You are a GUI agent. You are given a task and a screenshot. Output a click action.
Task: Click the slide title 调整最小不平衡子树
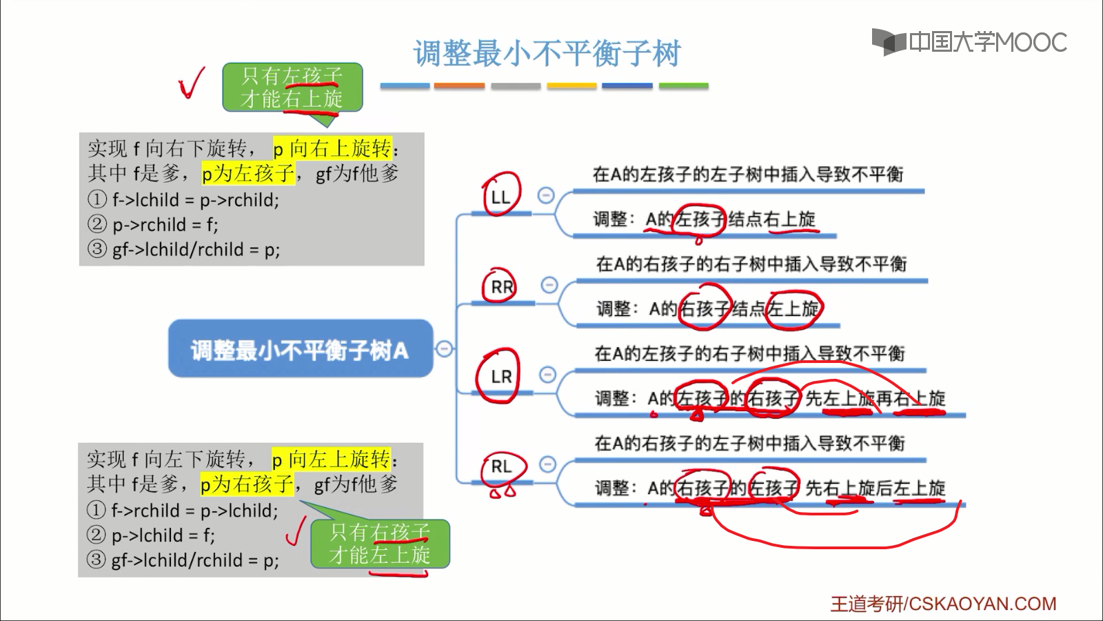pos(547,54)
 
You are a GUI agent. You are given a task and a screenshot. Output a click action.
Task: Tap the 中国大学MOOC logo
pos(969,42)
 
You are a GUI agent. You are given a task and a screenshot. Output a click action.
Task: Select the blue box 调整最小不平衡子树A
pos(300,350)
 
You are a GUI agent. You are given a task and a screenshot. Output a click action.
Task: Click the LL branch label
pos(500,197)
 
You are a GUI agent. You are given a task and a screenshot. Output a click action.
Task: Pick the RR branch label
pos(501,287)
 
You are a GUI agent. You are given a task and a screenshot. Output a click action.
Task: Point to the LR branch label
pos(501,377)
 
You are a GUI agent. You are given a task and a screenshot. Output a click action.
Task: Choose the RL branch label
pos(501,466)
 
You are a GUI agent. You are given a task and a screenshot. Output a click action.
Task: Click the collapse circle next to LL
pos(546,195)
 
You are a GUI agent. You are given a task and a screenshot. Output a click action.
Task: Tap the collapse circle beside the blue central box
pos(445,349)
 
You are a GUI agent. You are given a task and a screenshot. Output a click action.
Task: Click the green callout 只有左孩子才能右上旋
pos(292,87)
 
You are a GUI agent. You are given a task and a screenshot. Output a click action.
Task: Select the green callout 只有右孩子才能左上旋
pos(380,544)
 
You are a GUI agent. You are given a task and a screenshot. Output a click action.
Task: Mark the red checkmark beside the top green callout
pos(191,83)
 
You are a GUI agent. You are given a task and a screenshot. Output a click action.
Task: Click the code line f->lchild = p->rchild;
pos(195,200)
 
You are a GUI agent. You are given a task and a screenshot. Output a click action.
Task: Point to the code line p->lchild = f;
pos(163,535)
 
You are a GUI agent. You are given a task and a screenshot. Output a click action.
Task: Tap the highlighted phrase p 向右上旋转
pos(332,148)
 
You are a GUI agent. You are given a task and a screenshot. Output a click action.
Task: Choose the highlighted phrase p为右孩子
pos(247,484)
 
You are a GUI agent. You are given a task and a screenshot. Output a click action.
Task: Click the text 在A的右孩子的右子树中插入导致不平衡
pos(751,264)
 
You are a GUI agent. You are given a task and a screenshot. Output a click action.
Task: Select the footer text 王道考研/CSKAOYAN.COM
pos(942,604)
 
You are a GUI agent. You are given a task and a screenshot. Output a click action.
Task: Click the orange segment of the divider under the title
pos(460,86)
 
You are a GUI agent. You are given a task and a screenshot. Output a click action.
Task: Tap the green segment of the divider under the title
pos(683,86)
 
